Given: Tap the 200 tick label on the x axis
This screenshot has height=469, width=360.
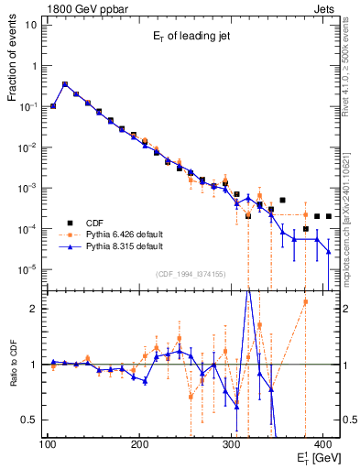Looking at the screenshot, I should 139,444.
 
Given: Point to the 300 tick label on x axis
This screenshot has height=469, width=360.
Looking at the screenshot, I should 232,444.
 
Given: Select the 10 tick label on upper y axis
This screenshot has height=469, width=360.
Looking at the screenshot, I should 31,25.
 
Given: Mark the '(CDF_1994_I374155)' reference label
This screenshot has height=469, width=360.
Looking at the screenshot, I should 191,274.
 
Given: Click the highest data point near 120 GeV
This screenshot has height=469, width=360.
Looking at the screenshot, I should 64,84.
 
